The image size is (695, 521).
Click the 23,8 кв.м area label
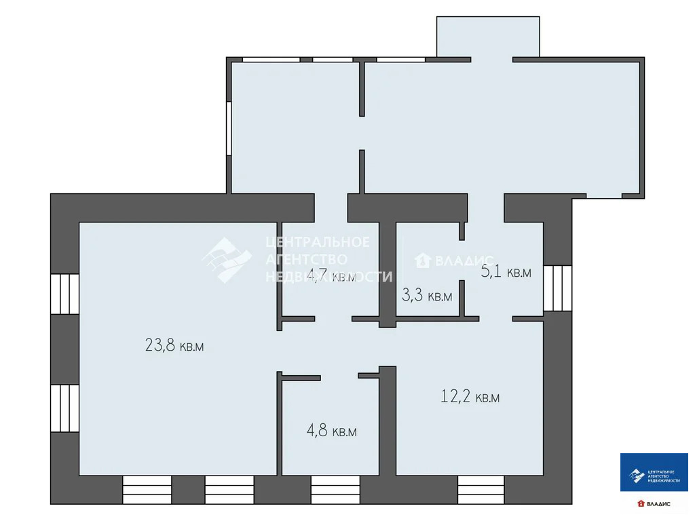click(174, 345)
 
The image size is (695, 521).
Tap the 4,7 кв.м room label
click(331, 276)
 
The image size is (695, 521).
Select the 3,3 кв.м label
click(427, 295)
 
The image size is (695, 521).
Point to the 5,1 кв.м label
click(506, 272)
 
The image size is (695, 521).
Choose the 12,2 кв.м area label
click(470, 397)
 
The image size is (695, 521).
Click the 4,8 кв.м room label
click(332, 431)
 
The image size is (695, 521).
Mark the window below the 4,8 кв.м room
click(335, 489)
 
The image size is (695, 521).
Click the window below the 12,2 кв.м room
click(481, 489)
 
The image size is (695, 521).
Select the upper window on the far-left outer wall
click(65, 293)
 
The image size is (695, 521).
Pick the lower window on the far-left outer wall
click(65, 407)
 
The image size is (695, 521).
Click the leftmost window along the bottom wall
click(147, 489)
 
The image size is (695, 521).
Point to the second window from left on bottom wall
click(229, 489)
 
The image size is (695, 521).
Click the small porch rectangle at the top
click(488, 37)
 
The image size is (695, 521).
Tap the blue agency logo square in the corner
click(654, 472)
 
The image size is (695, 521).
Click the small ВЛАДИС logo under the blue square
click(654, 503)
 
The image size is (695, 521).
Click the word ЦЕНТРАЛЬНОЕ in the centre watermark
click(318, 242)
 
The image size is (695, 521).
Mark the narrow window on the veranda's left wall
click(229, 128)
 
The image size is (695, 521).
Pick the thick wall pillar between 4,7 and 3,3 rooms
click(387, 271)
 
